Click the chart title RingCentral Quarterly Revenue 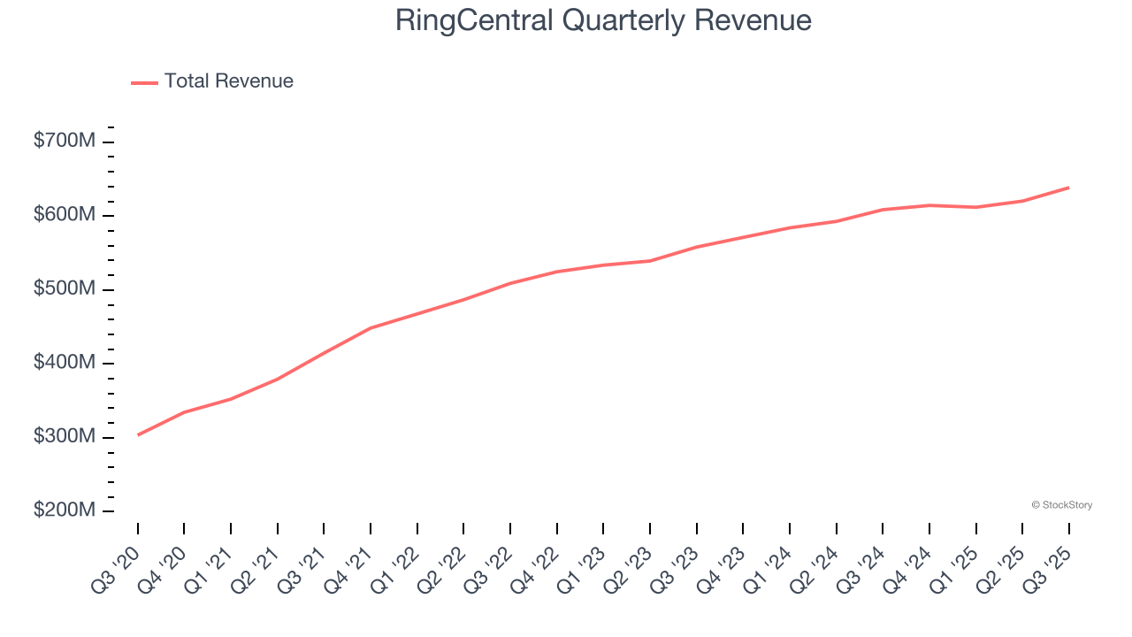[x=603, y=20]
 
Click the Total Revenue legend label [x=228, y=81]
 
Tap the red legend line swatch [x=144, y=82]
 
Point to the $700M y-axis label [x=64, y=142]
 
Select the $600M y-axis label [x=64, y=215]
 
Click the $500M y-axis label [x=64, y=289]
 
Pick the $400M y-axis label [x=64, y=363]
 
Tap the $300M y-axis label [x=64, y=437]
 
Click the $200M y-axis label [x=64, y=510]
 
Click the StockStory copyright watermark [x=1061, y=505]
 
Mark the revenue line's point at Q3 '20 [x=138, y=434]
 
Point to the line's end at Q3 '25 [x=1068, y=188]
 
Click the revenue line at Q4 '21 [x=371, y=328]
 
